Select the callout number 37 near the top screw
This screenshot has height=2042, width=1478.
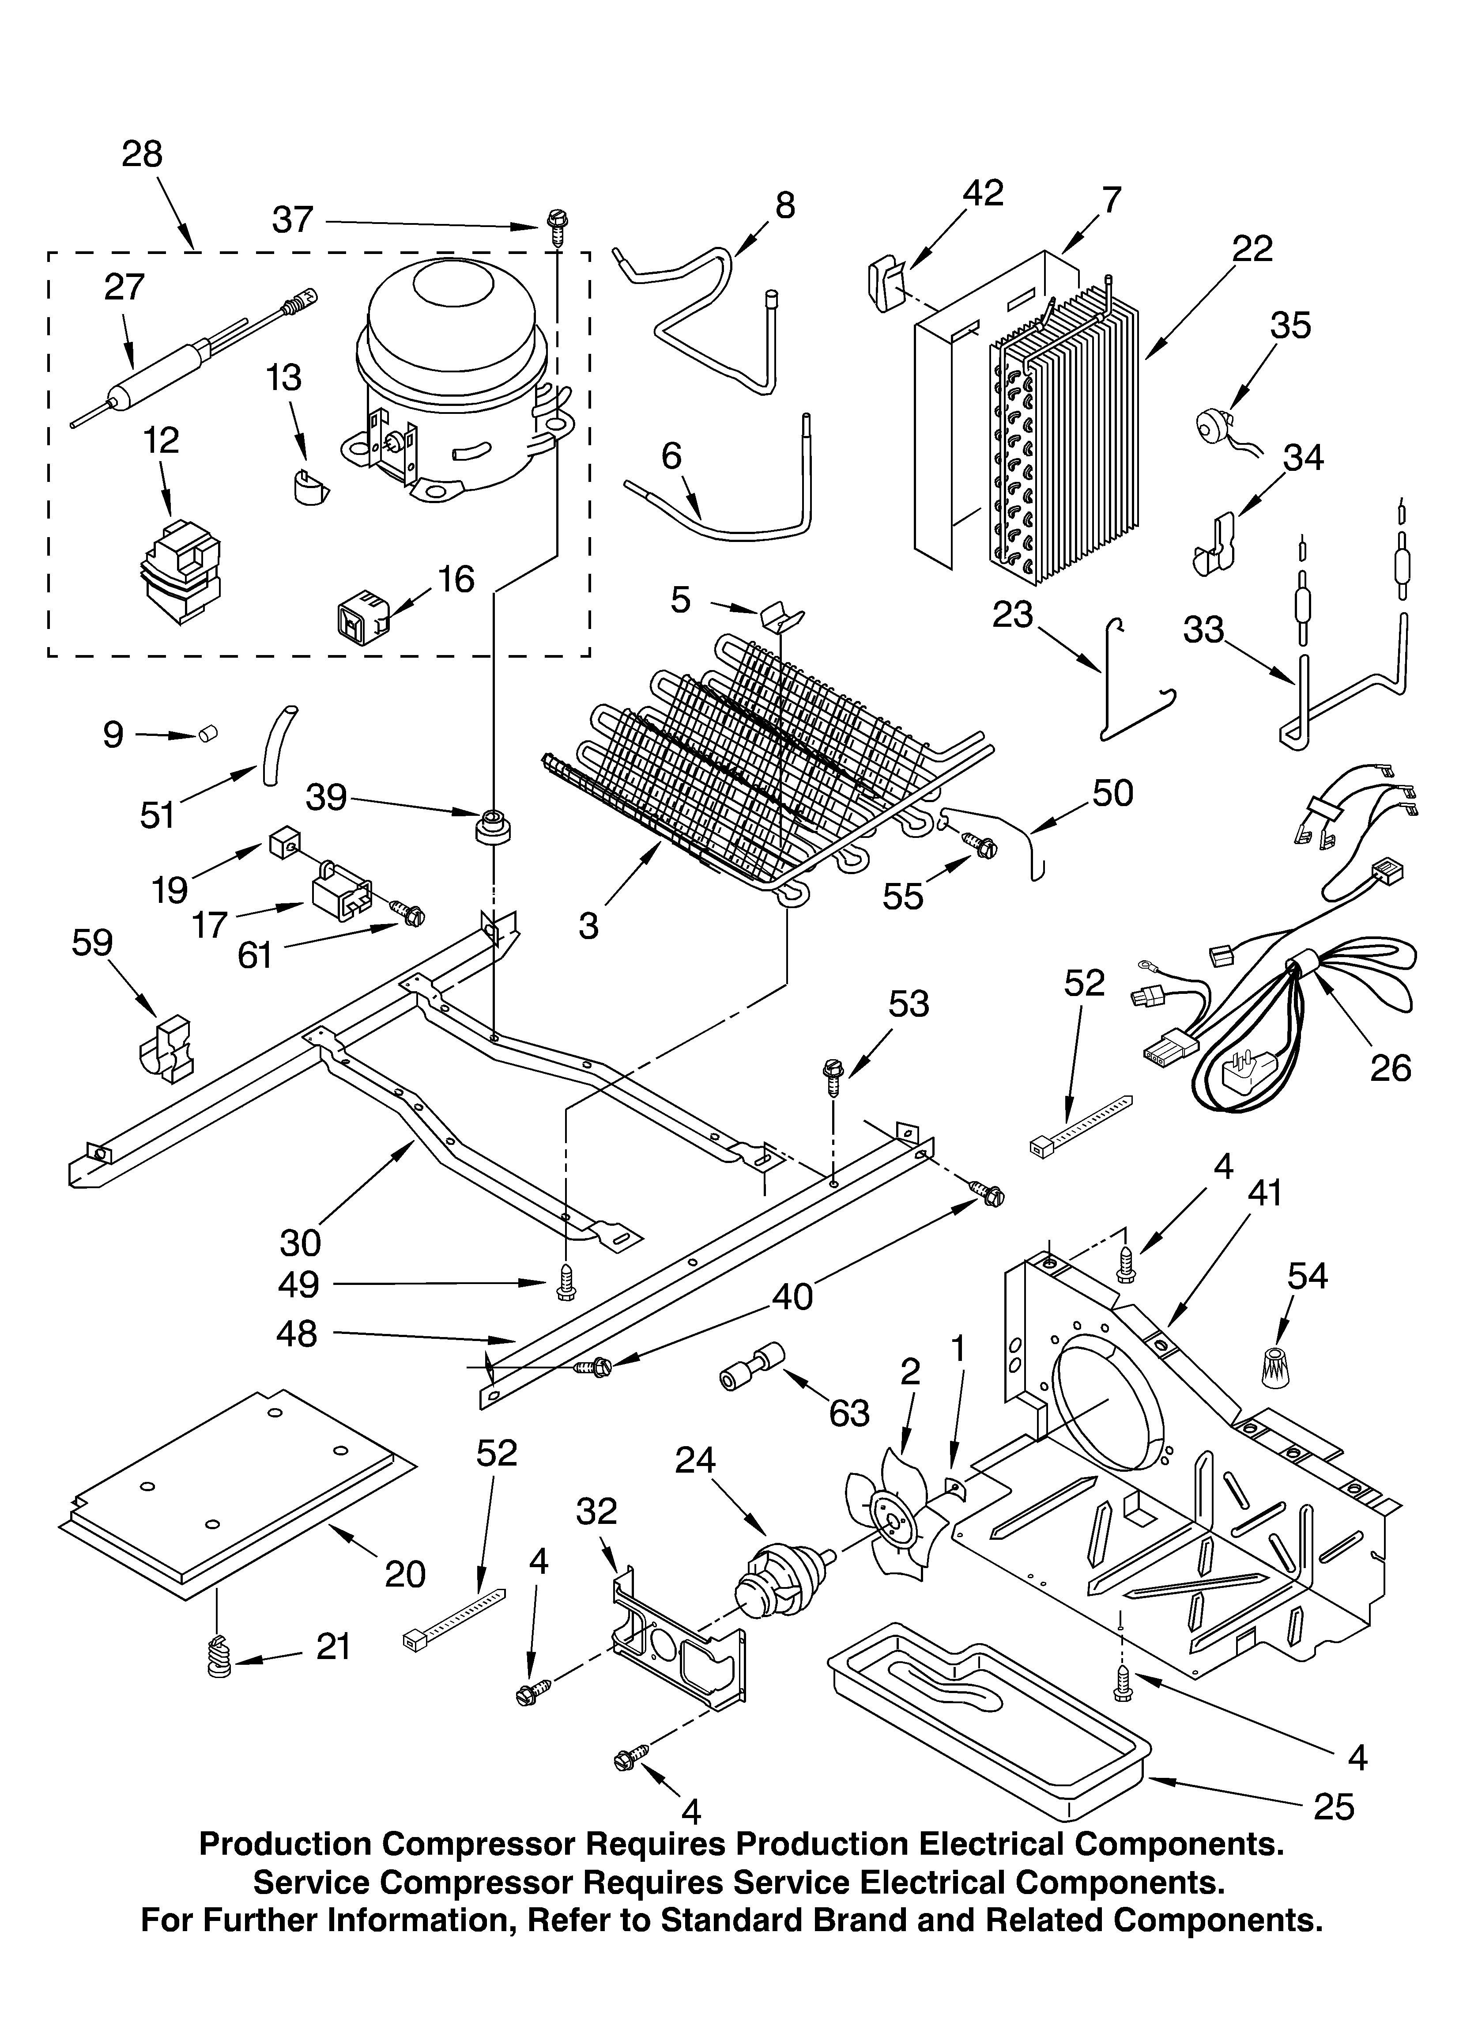[x=293, y=220]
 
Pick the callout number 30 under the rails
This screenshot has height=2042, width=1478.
[x=300, y=1243]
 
